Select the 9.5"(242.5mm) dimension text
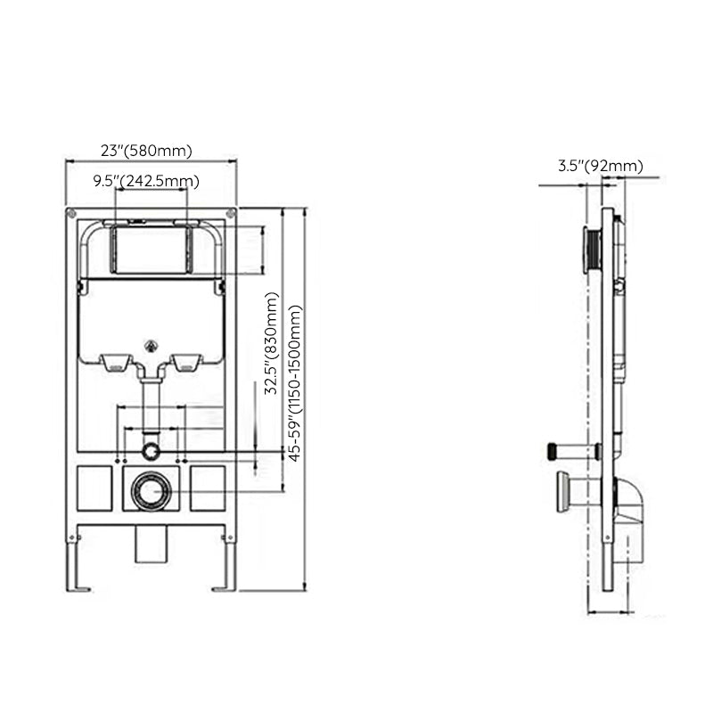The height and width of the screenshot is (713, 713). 146,182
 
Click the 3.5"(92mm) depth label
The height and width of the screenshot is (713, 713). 600,165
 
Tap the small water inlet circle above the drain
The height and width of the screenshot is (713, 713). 152,451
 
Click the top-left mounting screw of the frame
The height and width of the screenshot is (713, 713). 70,213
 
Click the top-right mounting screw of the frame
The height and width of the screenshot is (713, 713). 231,213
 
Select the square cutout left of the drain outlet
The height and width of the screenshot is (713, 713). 93,488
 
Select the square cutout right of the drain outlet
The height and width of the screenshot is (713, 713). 208,488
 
